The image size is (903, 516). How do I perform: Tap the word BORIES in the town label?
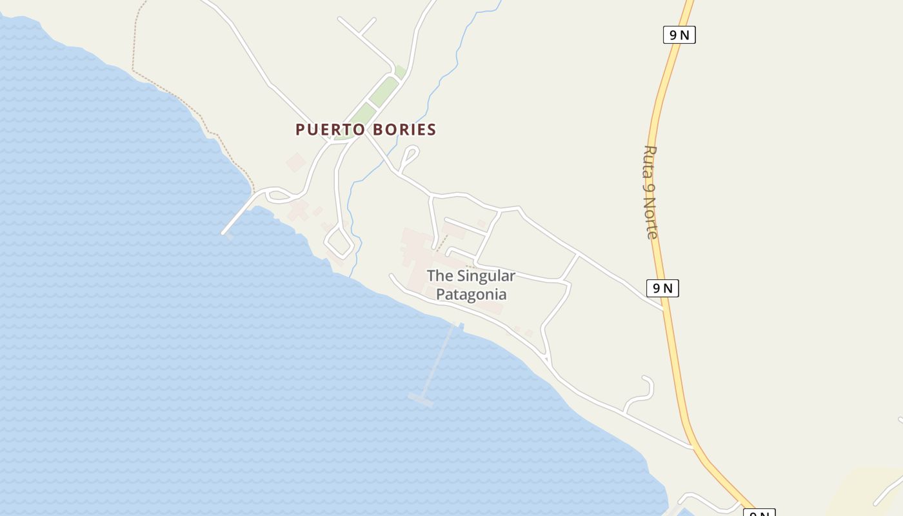click(x=404, y=130)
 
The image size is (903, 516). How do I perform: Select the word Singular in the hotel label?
click(x=486, y=276)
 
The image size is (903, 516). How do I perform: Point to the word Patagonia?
click(x=471, y=295)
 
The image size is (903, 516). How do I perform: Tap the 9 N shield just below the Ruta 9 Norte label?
click(x=662, y=288)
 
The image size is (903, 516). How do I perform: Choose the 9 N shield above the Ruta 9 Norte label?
click(x=679, y=35)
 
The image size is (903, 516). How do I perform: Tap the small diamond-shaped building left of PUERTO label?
click(x=296, y=162)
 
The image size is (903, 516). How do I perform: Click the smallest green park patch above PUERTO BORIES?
click(x=401, y=72)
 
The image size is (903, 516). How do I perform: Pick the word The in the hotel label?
click(x=440, y=276)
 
